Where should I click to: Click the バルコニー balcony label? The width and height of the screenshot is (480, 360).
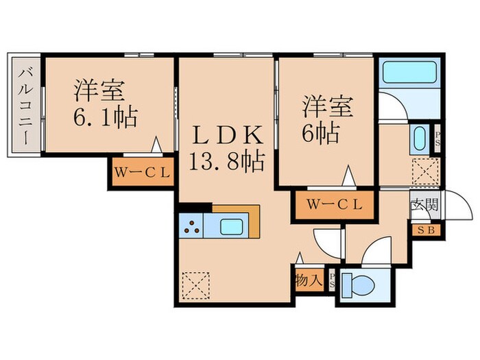(x=26, y=104)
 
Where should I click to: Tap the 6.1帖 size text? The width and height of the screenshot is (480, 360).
(x=106, y=117)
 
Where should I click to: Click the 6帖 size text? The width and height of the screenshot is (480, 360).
(x=322, y=133)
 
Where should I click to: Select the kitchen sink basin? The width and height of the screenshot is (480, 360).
(x=230, y=226)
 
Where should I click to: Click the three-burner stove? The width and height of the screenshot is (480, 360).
(x=191, y=226)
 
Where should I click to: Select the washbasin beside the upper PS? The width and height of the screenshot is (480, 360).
(x=420, y=139)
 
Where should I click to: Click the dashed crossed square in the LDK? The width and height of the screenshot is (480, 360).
(x=197, y=285)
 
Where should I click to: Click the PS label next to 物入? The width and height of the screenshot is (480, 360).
(x=333, y=280)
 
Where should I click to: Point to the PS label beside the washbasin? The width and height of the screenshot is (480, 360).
(x=437, y=140)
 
